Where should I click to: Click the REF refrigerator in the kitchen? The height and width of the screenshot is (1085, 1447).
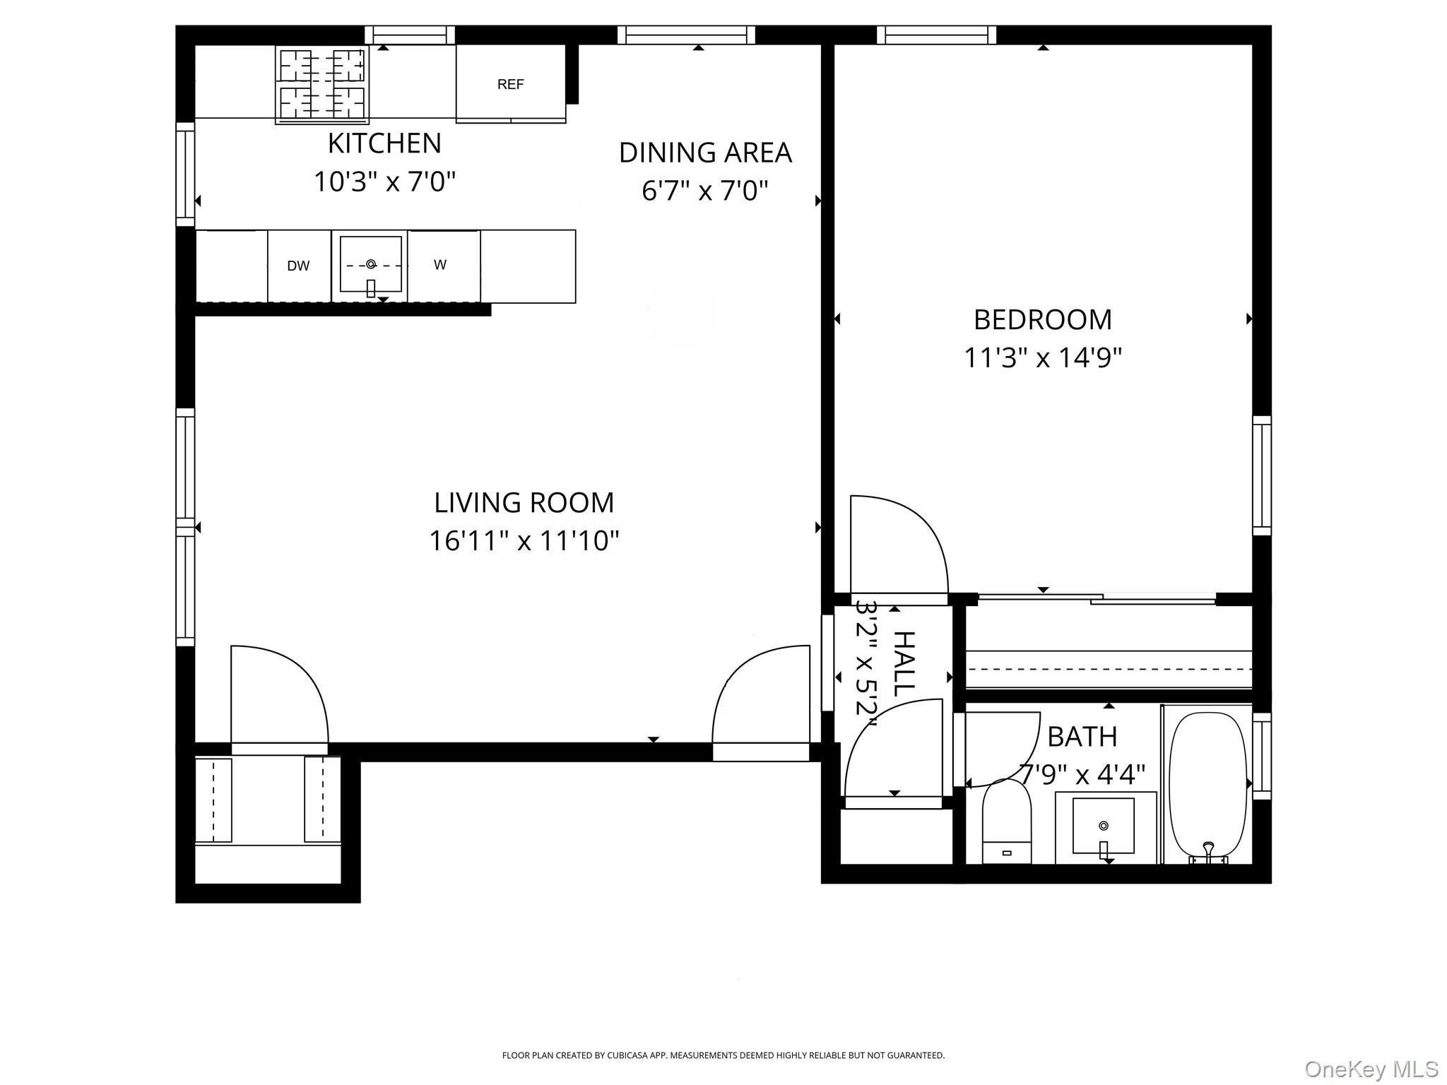(511, 83)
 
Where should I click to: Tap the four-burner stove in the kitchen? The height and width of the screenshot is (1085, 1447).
(322, 84)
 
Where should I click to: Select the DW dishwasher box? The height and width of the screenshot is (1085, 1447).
(299, 266)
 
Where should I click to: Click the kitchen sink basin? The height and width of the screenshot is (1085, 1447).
(370, 265)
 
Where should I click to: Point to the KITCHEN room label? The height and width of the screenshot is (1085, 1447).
(384, 143)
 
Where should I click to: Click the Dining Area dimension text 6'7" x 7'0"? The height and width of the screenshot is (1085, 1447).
(704, 191)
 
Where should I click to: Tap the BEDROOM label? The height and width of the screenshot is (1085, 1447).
(1042, 319)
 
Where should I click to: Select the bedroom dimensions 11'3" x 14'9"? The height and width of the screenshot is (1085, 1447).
(1042, 357)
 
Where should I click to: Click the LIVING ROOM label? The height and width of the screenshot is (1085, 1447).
(524, 502)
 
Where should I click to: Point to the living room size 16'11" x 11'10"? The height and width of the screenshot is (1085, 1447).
(524, 541)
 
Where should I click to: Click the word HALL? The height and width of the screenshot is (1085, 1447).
(904, 663)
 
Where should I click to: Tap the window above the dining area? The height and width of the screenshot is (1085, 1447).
(686, 35)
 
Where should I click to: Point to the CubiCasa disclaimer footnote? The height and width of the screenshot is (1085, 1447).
(723, 1055)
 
